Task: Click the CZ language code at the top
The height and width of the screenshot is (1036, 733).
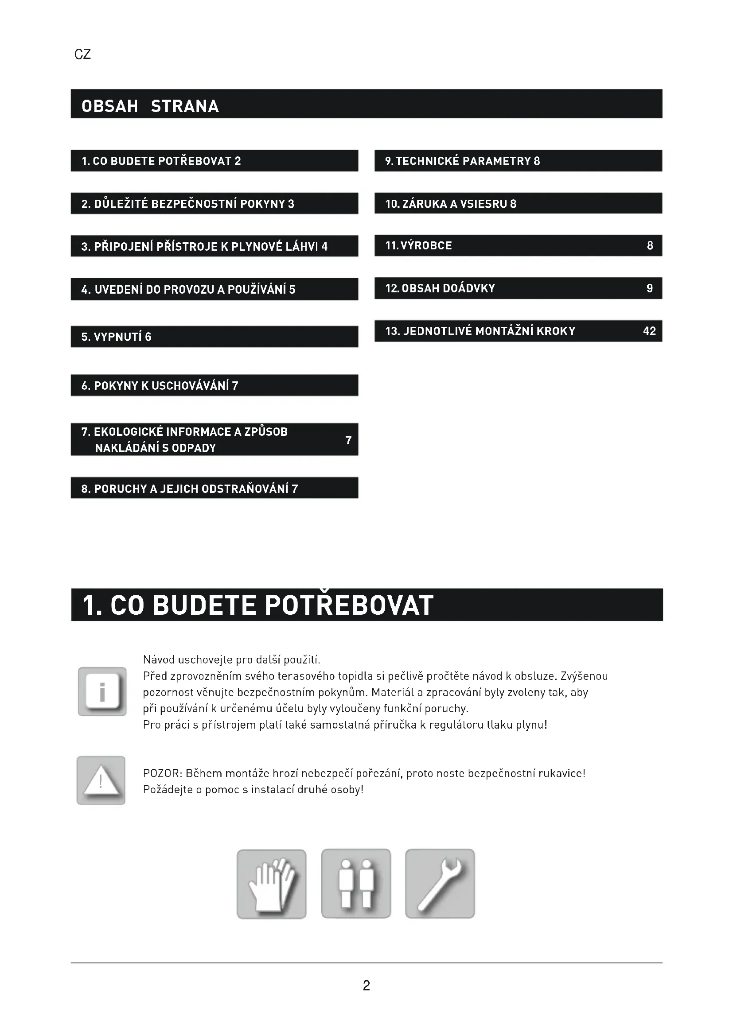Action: tap(82, 54)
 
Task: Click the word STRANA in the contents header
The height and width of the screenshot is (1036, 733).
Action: tap(185, 106)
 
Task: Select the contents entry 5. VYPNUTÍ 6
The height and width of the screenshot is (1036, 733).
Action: tap(117, 337)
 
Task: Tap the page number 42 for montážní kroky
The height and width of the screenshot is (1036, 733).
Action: tap(649, 331)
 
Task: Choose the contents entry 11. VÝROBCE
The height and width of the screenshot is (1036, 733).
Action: tap(418, 246)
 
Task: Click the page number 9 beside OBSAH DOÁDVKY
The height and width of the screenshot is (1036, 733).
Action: tap(650, 288)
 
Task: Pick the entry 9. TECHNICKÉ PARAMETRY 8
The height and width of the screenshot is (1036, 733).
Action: tap(462, 161)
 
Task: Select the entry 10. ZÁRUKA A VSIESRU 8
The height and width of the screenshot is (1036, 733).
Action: tap(450, 204)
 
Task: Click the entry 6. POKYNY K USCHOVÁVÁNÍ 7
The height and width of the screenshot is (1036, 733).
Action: tap(160, 386)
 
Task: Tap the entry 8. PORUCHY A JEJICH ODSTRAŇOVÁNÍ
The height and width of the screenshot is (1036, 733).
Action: tap(190, 489)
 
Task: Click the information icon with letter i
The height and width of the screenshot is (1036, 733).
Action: tap(102, 691)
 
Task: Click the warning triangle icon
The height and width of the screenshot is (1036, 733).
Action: tap(101, 780)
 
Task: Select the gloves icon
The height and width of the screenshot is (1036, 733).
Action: tap(272, 884)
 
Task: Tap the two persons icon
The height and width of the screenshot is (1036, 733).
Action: tap(356, 884)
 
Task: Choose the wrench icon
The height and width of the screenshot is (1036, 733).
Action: tap(440, 884)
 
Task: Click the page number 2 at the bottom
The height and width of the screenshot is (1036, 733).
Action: tap(366, 986)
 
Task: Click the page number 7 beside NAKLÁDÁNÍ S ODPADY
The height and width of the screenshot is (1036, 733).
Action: tap(348, 440)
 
